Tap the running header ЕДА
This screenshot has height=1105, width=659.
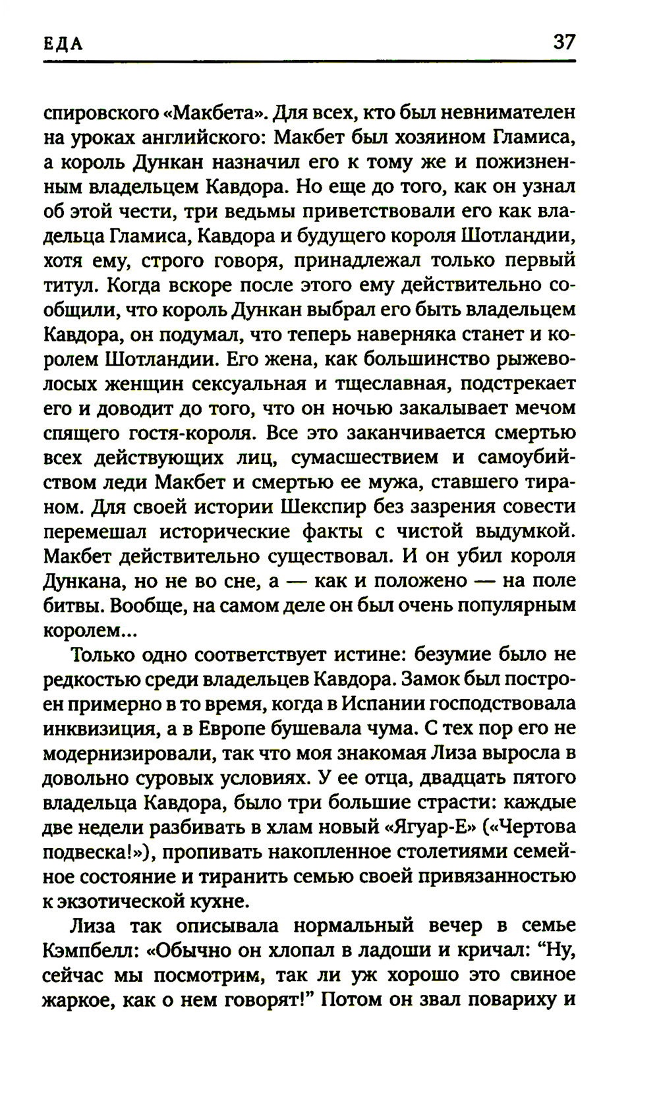tap(63, 44)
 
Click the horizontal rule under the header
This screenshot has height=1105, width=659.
tap(310, 62)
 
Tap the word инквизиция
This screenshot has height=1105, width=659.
tap(100, 728)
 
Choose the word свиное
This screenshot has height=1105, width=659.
tap(540, 975)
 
